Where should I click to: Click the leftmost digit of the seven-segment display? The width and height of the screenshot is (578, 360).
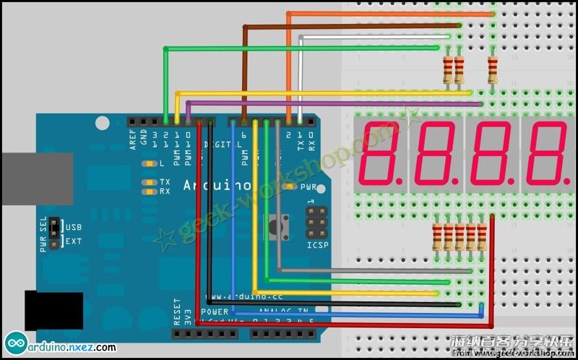coord(382,154)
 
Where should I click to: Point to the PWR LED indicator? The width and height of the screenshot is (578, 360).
coord(290,187)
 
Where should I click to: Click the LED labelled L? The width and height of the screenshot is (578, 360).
coord(150,163)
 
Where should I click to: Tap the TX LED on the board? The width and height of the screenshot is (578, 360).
coord(150,182)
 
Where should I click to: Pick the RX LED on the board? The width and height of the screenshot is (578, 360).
coord(150,192)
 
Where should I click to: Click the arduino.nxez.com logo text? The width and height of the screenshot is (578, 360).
coord(71,347)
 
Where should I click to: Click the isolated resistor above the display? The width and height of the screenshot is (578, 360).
coord(493,69)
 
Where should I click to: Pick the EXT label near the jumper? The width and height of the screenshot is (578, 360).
coord(74,241)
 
